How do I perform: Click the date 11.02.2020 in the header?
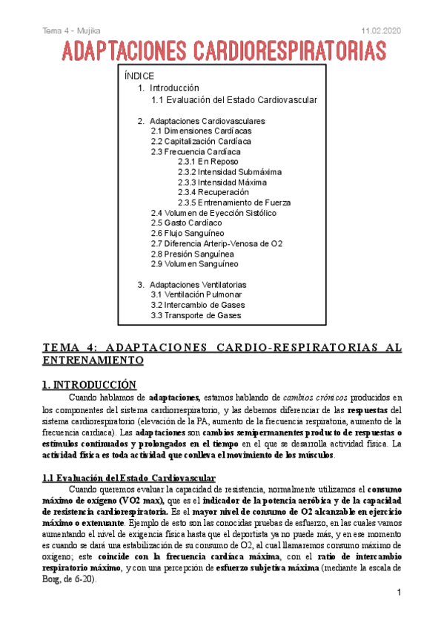381,29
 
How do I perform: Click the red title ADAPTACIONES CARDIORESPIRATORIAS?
224,51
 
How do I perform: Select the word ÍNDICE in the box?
139,76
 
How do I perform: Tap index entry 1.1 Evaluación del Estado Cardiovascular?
233,100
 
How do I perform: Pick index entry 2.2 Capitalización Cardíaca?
200,141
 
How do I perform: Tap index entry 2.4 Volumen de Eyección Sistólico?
213,213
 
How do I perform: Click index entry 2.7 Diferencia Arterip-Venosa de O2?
216,243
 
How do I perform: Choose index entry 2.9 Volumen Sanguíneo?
194,264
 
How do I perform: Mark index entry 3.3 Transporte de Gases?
196,315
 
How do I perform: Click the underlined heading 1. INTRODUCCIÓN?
89,384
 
